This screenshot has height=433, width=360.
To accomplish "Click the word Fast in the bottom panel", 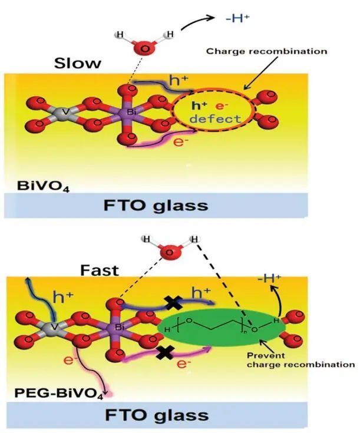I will click(x=99, y=270).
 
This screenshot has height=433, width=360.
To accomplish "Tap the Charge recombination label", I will click(x=266, y=51).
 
